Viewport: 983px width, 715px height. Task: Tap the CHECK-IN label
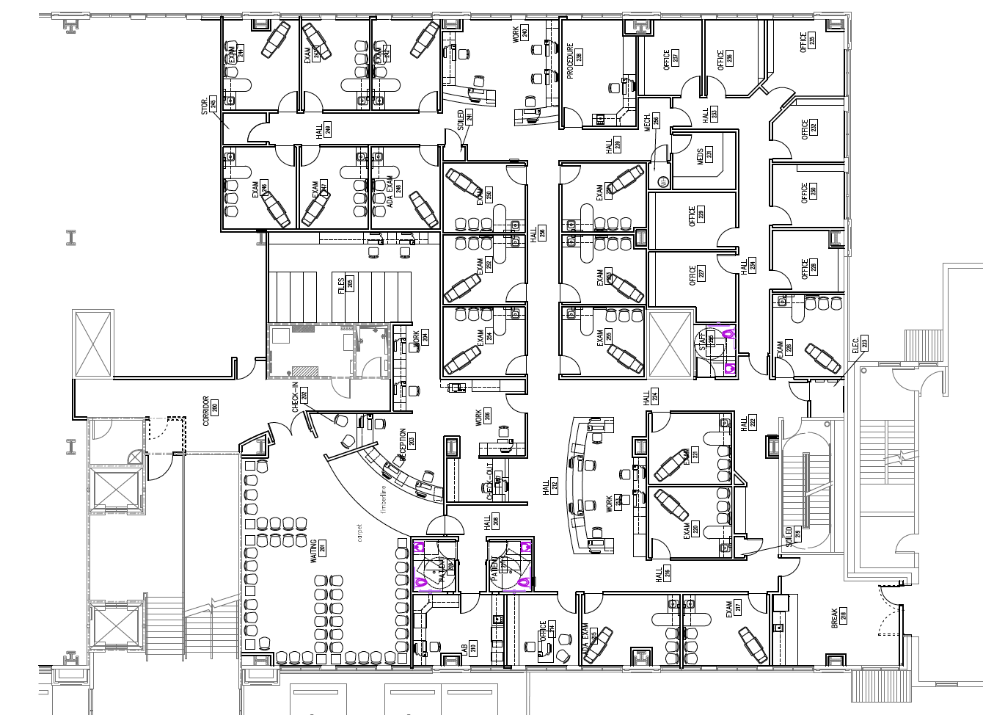[x=297, y=398]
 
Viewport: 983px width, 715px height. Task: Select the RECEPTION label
[x=403, y=445]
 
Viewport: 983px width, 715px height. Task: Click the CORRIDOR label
[x=206, y=411]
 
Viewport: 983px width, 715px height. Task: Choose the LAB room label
[x=464, y=649]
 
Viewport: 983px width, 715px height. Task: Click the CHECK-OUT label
[x=490, y=483]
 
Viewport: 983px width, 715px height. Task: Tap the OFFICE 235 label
[x=804, y=42]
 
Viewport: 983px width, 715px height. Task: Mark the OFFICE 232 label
[x=805, y=130]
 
